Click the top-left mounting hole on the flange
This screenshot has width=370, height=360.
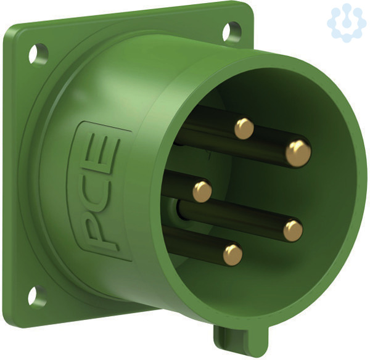pyautogui.click(x=38, y=54)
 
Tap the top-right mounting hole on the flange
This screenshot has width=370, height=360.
pyautogui.click(x=232, y=31)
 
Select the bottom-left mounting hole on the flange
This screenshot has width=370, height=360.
pyautogui.click(x=37, y=296)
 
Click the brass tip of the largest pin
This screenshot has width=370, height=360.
pyautogui.click(x=298, y=153)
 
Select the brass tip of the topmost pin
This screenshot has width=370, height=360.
pyautogui.click(x=244, y=129)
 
